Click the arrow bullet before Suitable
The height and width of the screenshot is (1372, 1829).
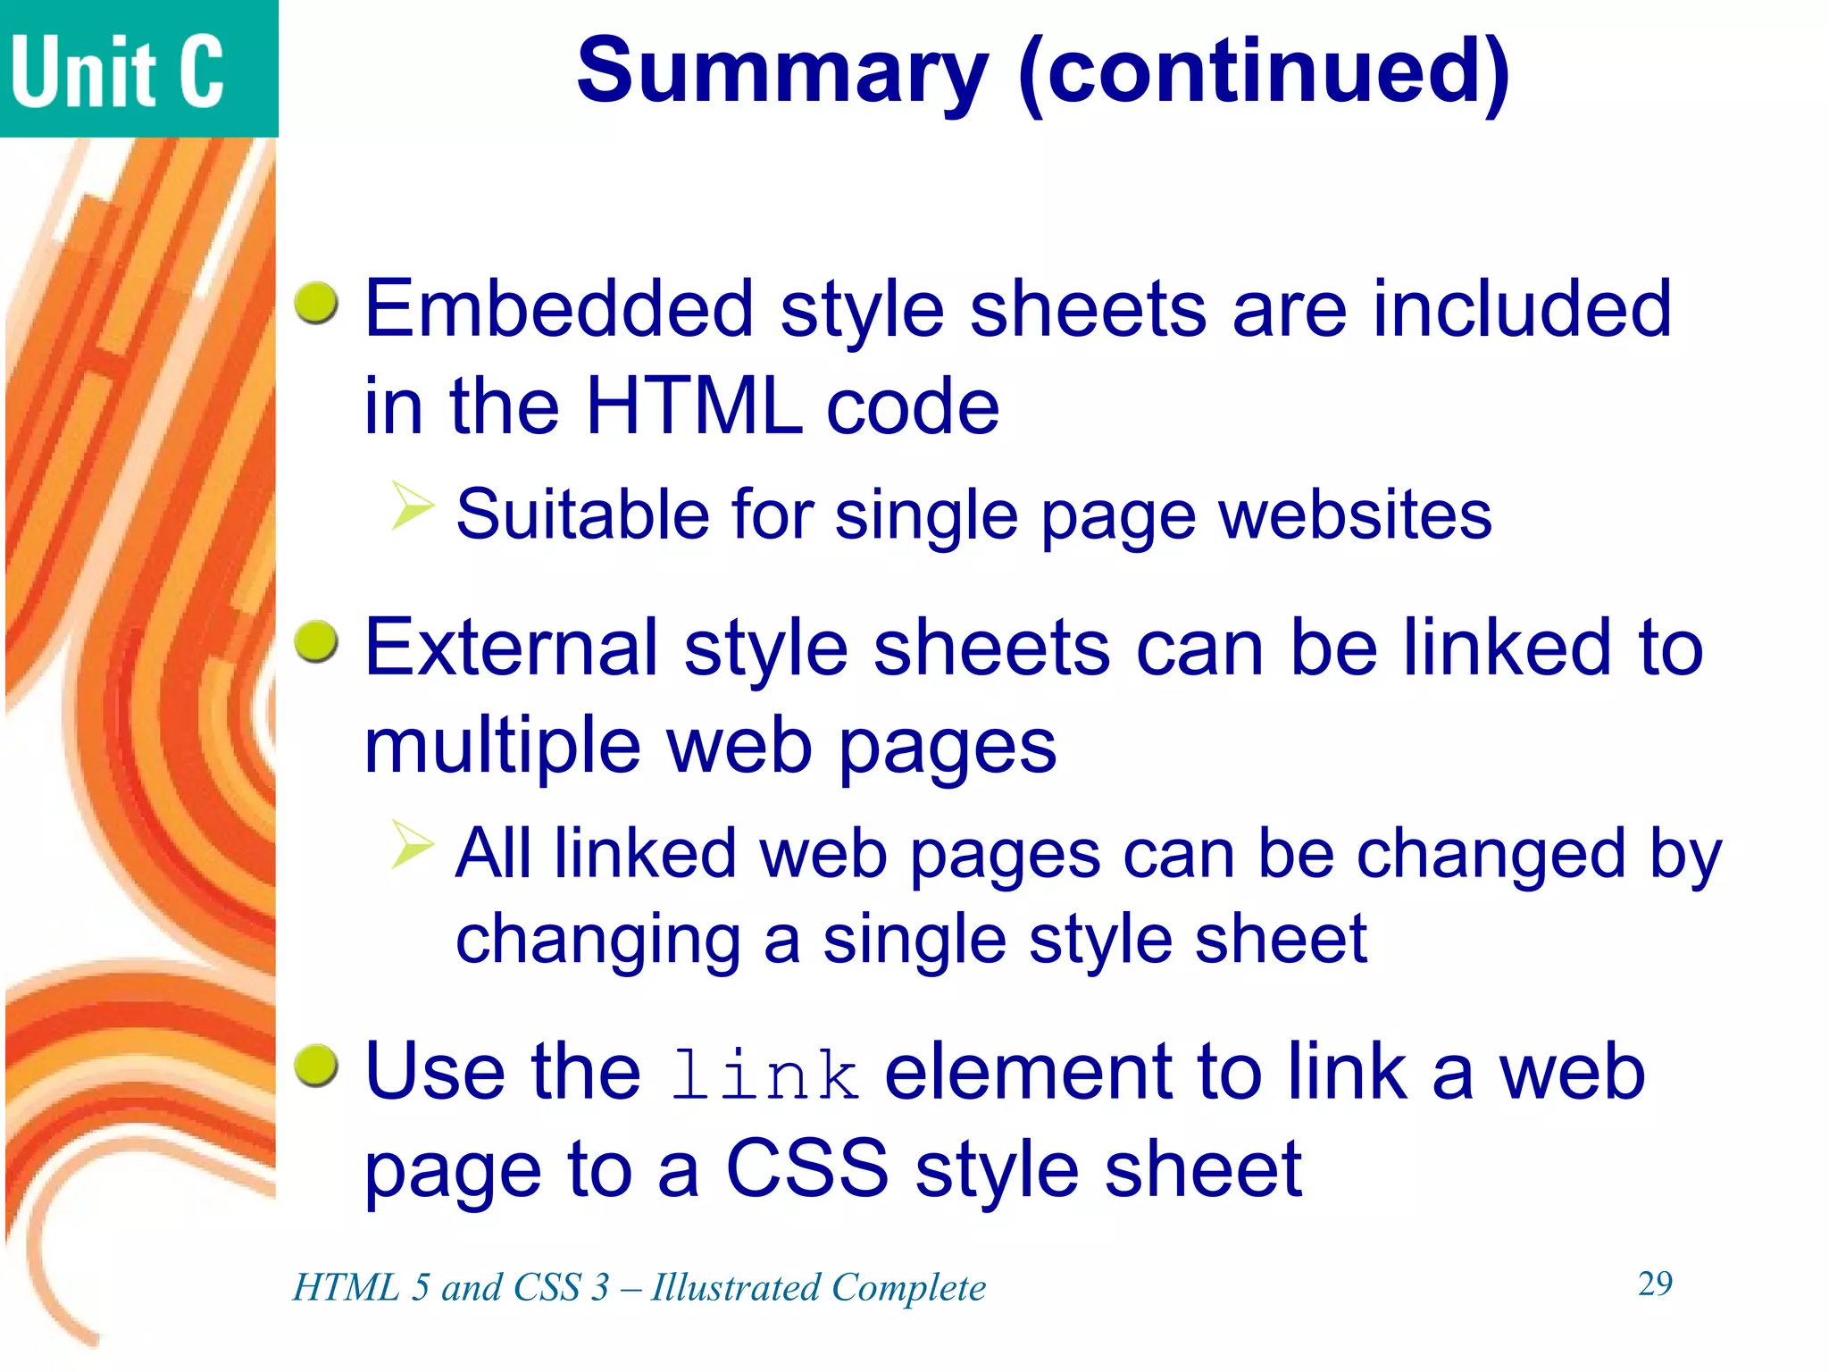[412, 506]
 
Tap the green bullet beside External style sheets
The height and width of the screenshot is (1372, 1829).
[316, 642]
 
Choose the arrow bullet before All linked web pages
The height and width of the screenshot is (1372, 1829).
[412, 844]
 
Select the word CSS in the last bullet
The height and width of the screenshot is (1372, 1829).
[807, 1169]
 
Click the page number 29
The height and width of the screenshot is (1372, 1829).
[1655, 1284]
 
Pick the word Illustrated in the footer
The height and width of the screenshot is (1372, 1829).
[735, 1288]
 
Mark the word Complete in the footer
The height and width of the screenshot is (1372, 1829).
[908, 1288]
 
